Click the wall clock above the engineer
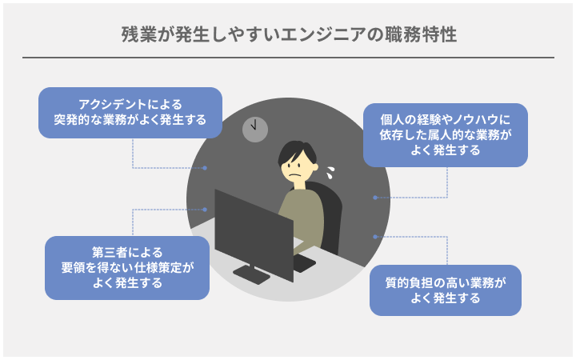tap(255, 130)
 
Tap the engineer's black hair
tap(296, 151)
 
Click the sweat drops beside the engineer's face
tap(330, 173)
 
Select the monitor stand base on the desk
tap(252, 274)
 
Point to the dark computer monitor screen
tap(254, 235)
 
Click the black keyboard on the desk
tap(303, 263)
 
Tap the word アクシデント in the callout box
tap(113, 105)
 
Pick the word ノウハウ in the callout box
tap(475, 120)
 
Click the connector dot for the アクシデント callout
tap(205, 168)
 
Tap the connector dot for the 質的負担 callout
tap(375, 237)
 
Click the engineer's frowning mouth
tap(295, 175)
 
